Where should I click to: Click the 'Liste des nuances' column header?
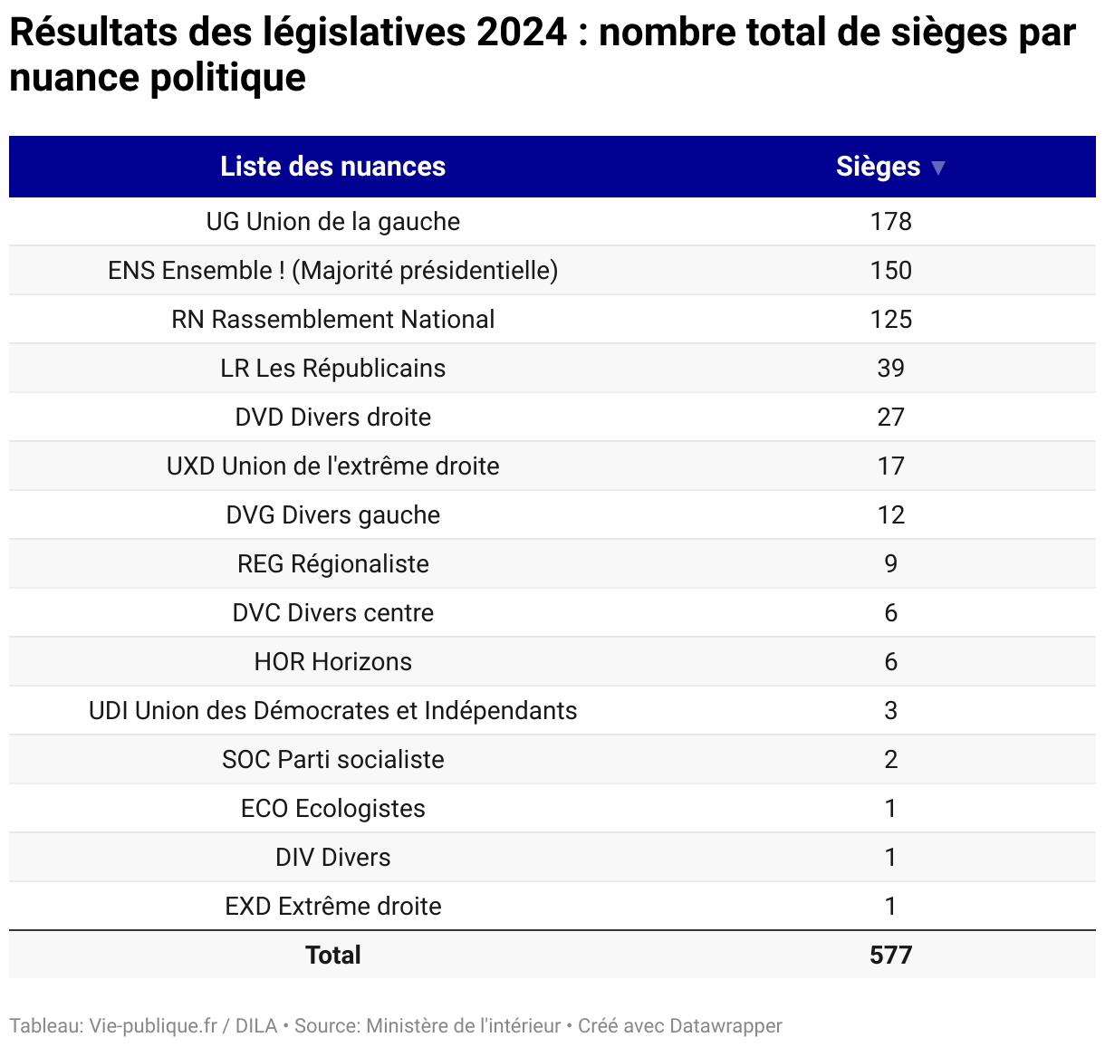click(x=332, y=167)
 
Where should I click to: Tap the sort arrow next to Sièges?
click(x=938, y=168)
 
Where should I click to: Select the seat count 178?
click(x=890, y=222)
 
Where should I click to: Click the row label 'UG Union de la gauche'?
click(x=332, y=222)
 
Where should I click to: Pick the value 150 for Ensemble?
click(x=890, y=271)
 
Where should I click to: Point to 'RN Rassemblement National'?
click(x=332, y=320)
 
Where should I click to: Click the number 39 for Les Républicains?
click(x=890, y=369)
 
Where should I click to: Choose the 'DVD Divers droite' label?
click(x=332, y=418)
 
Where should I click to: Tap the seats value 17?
click(x=890, y=466)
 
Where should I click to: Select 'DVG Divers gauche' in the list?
click(x=332, y=515)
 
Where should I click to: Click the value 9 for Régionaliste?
click(x=890, y=564)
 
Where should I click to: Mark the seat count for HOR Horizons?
click(x=890, y=662)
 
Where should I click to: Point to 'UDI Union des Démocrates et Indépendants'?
click(x=332, y=711)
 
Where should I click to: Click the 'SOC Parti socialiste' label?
click(x=332, y=760)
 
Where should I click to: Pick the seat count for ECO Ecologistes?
click(x=890, y=809)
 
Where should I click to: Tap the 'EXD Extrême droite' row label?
click(x=332, y=907)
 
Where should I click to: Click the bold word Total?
click(x=332, y=956)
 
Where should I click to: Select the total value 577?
click(x=890, y=956)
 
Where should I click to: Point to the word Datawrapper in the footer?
click(x=725, y=1026)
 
